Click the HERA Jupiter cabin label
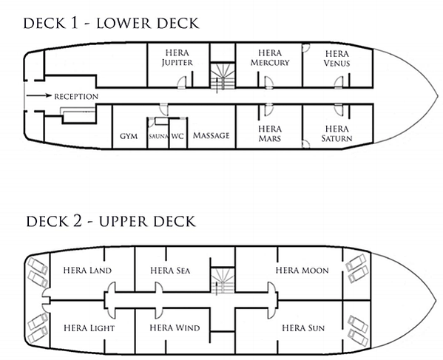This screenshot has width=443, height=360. (177, 58)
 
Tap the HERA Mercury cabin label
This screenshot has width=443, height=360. (270, 58)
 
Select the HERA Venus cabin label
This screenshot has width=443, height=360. (337, 58)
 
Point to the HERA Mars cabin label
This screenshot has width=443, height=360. (270, 134)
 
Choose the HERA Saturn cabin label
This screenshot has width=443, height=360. (337, 134)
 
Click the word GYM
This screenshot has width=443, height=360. (129, 136)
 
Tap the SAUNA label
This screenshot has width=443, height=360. (159, 136)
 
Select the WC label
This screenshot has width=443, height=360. (177, 136)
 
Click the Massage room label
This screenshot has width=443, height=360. (212, 135)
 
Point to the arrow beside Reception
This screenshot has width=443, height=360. (39, 95)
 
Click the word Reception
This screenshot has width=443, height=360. (76, 97)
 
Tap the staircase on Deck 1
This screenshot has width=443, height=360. (223, 77)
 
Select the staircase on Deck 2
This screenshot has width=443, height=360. (223, 281)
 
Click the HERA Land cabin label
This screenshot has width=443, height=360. (87, 271)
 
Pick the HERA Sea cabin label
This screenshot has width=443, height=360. (170, 271)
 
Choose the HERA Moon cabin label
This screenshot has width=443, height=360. (302, 271)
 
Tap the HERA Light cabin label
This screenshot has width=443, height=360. (89, 328)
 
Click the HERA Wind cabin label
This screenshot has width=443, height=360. (175, 327)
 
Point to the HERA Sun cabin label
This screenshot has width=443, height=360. (303, 328)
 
